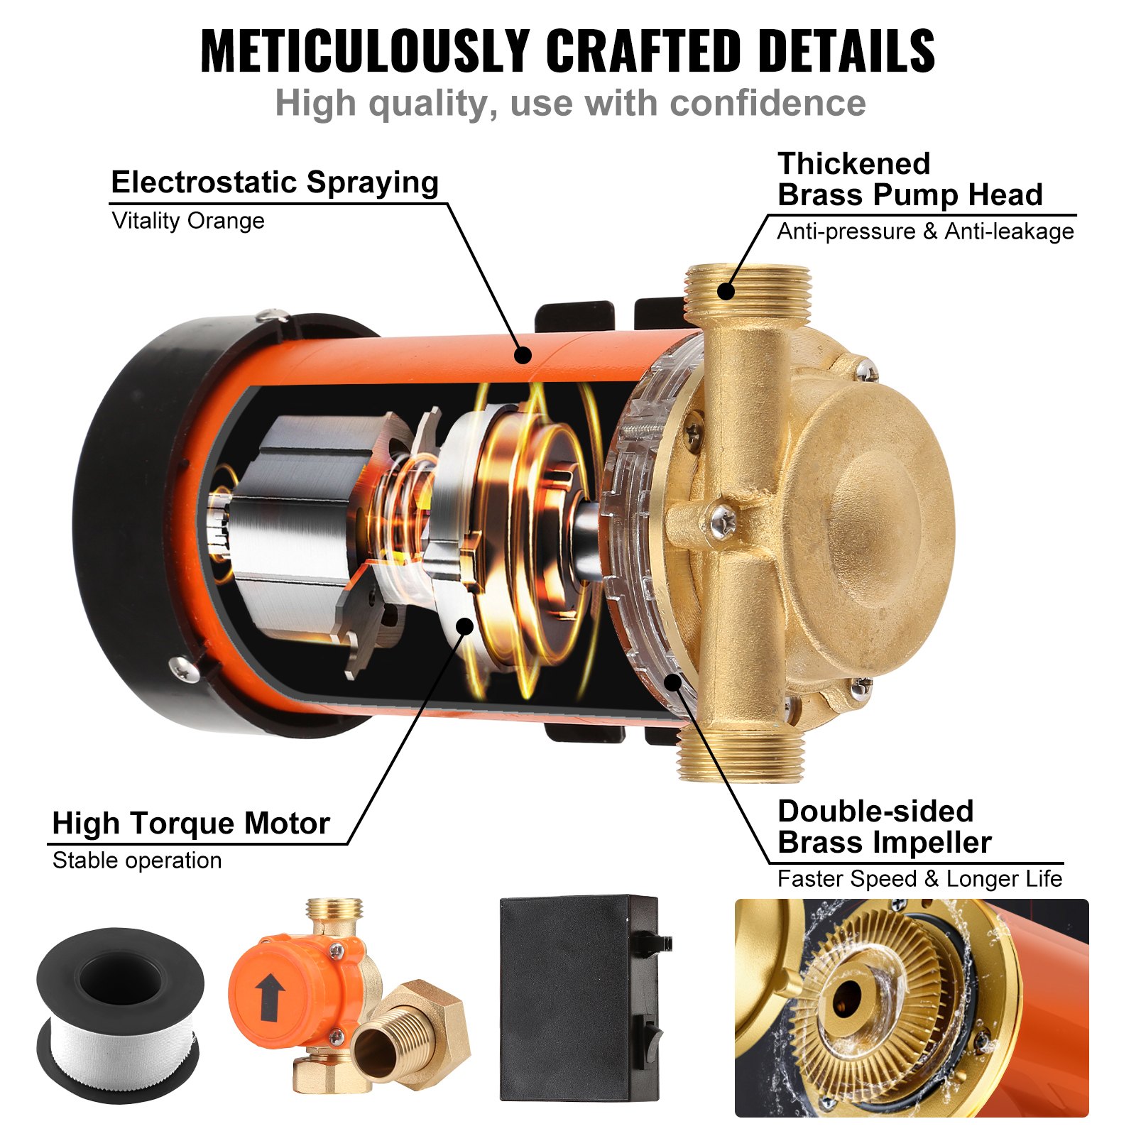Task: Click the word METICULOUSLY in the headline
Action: [x=366, y=51]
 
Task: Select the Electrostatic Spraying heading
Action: [x=275, y=182]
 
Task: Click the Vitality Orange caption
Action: [x=188, y=221]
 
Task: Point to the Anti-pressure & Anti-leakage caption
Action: [x=925, y=231]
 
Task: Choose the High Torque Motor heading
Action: [x=191, y=824]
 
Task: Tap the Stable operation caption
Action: [x=137, y=861]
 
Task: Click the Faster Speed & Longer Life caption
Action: [x=919, y=879]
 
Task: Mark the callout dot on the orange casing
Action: [x=523, y=354]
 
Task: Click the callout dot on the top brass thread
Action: [x=725, y=290]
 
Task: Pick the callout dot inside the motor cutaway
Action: [x=464, y=626]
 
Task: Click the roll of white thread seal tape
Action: [x=121, y=1015]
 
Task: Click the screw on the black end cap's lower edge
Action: [x=183, y=667]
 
